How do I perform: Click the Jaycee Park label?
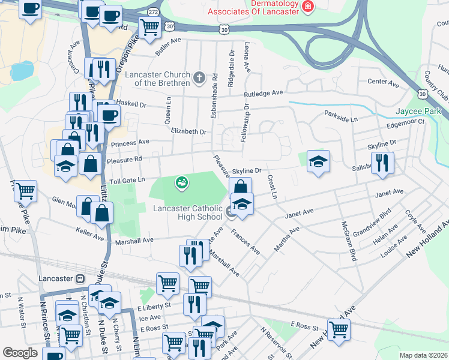click(x=418, y=111)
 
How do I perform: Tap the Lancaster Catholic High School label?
click(x=187, y=212)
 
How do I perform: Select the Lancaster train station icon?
click(x=80, y=278)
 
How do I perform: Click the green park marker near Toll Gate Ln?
click(x=181, y=182)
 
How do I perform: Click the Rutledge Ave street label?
click(x=263, y=94)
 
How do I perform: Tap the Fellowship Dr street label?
click(x=244, y=123)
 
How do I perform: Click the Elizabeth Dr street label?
click(x=188, y=131)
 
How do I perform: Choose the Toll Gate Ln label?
click(x=125, y=180)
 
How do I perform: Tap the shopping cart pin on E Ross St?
click(x=339, y=329)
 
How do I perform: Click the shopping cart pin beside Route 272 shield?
click(x=149, y=26)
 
